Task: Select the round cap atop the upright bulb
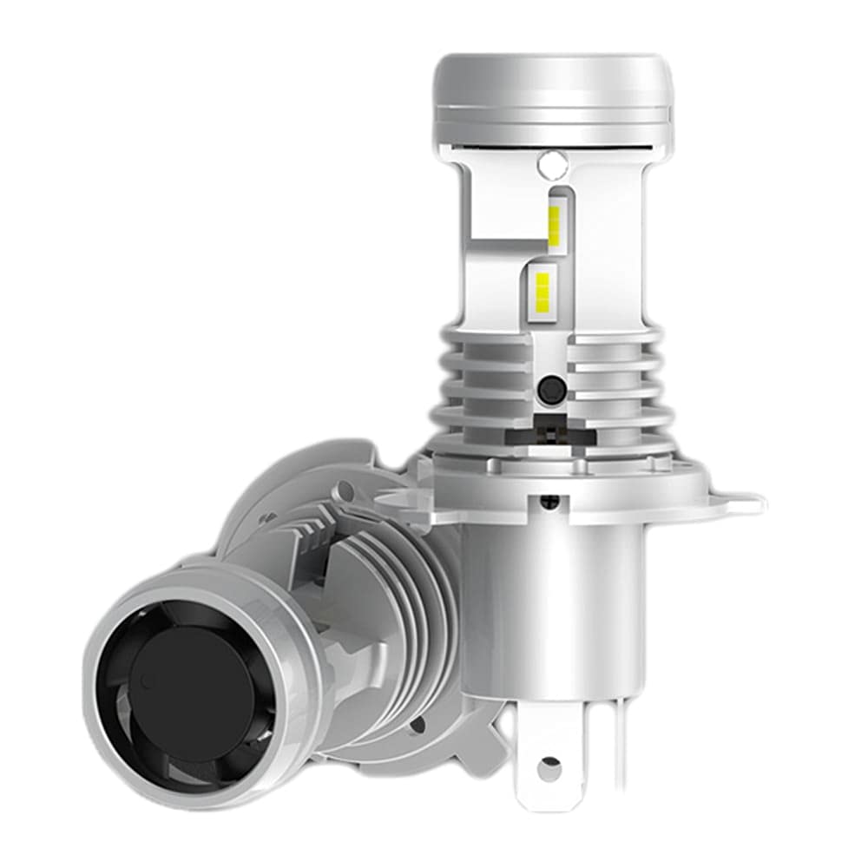[x=552, y=95]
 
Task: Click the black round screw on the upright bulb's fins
[x=549, y=390]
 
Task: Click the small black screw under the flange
[x=549, y=502]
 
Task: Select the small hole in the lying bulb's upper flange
[x=347, y=492]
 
